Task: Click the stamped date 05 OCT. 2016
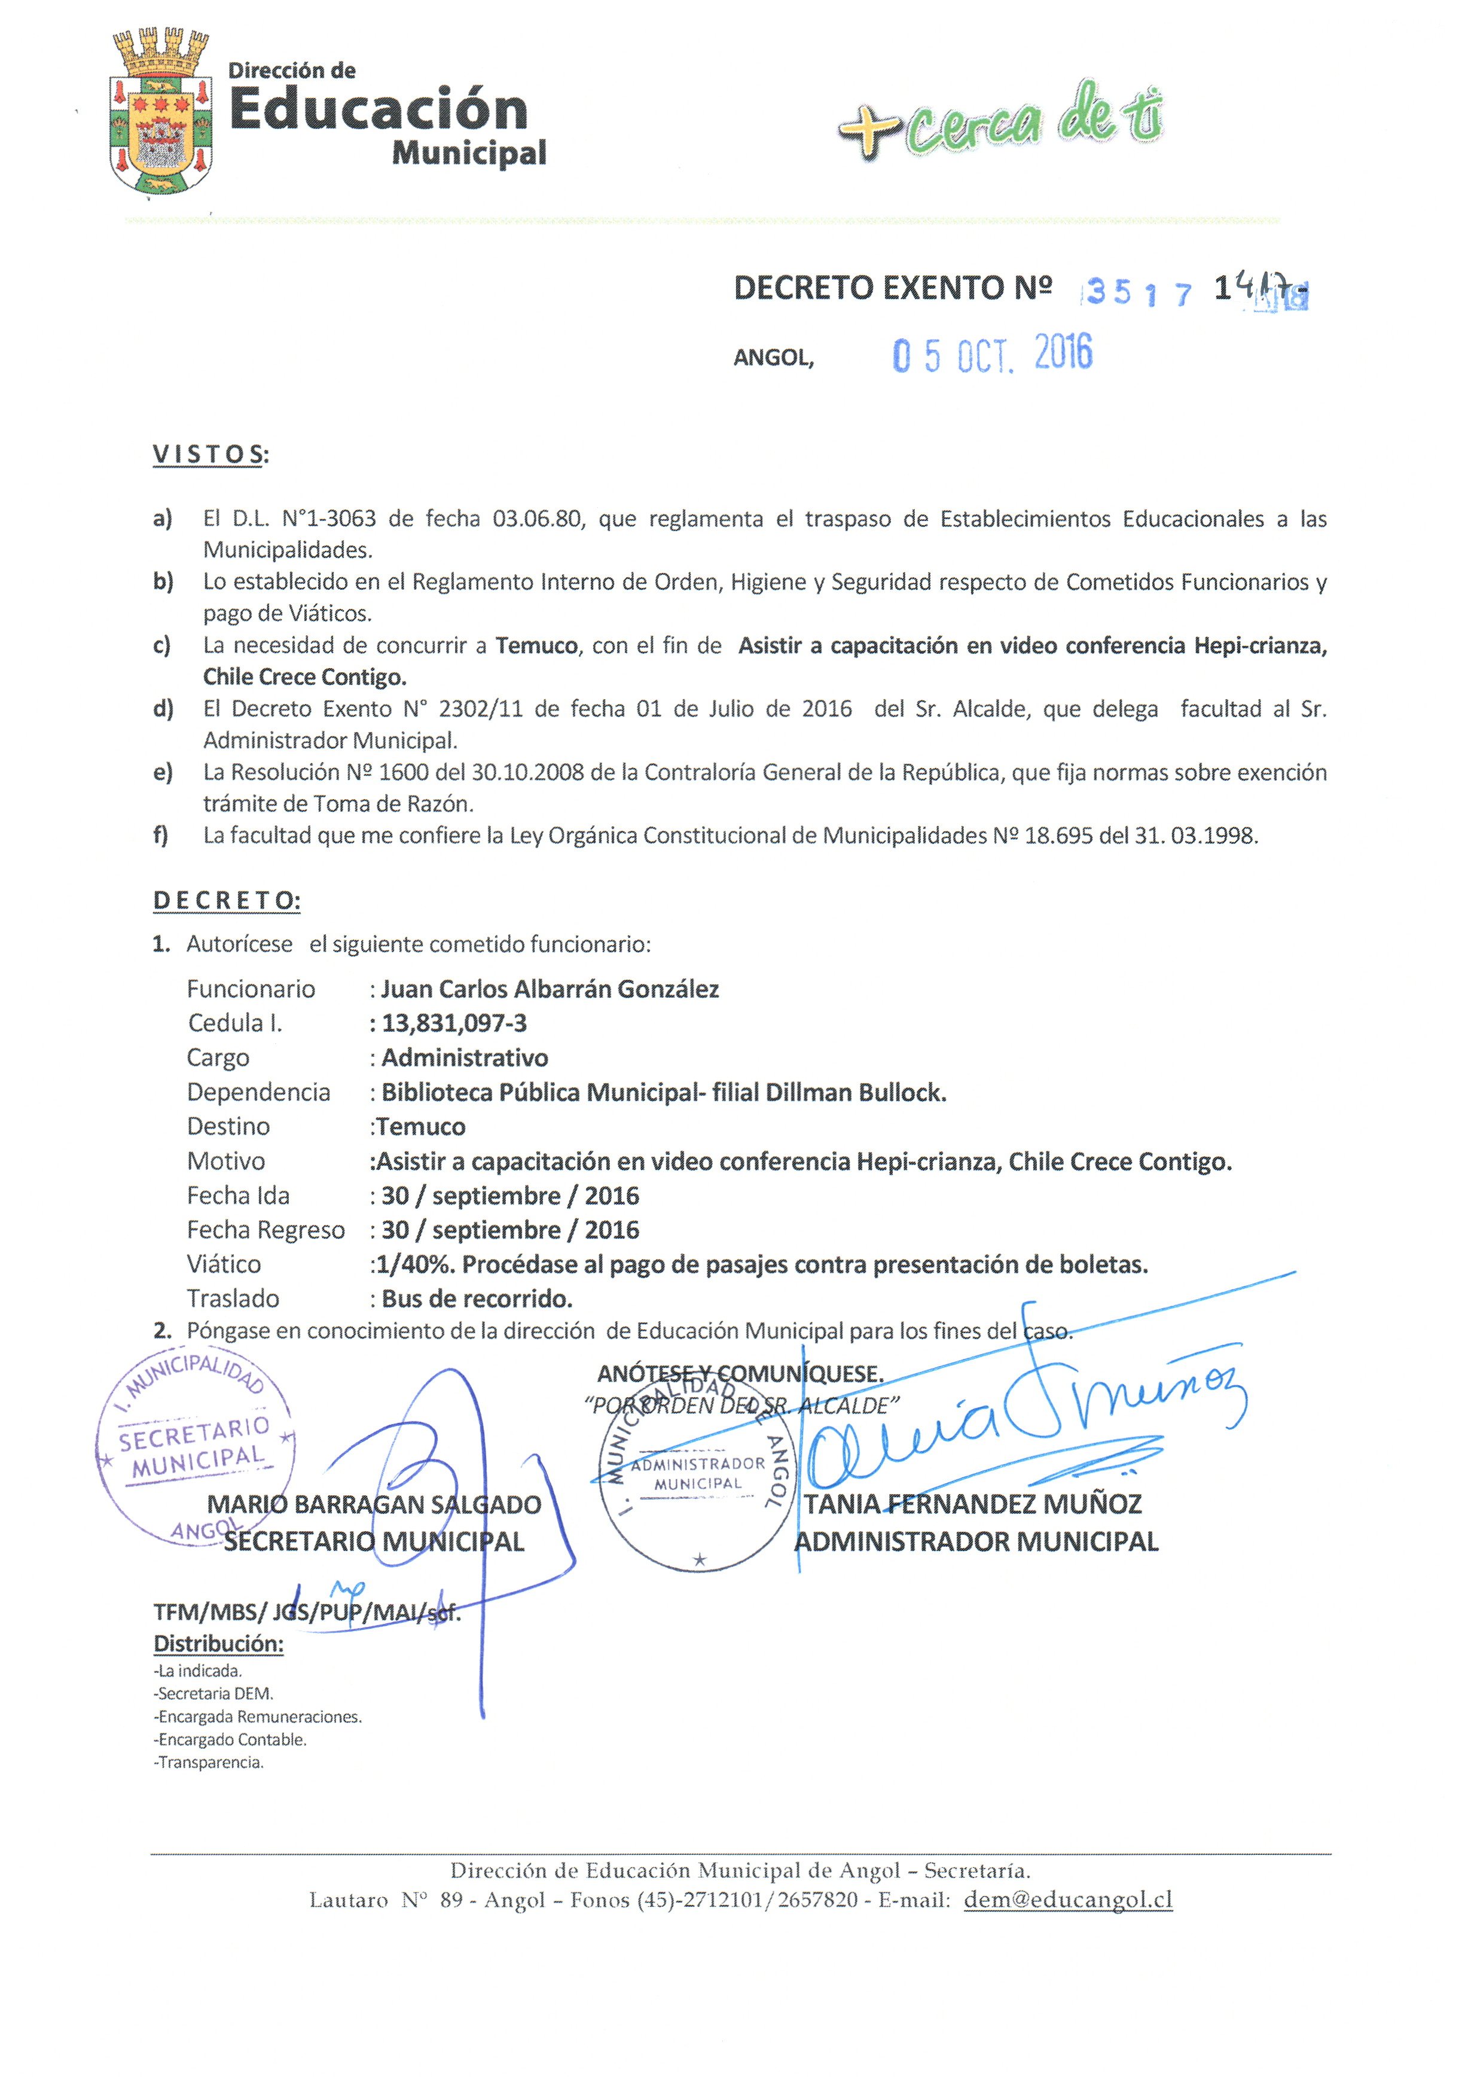(x=992, y=353)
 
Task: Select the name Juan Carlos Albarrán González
(x=550, y=989)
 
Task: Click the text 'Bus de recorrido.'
(x=477, y=1298)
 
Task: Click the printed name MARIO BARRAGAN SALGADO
(x=374, y=1503)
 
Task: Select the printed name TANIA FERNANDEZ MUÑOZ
(x=973, y=1503)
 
